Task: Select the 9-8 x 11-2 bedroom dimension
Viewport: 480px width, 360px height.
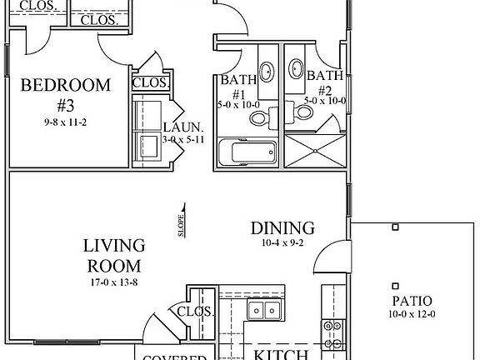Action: coord(65,121)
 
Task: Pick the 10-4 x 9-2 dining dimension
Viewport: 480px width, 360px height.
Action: coord(283,243)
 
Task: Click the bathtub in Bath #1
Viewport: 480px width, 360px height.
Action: coord(248,153)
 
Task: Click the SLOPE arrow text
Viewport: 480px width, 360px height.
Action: coord(182,223)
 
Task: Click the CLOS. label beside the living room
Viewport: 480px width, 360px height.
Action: coord(197,311)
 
